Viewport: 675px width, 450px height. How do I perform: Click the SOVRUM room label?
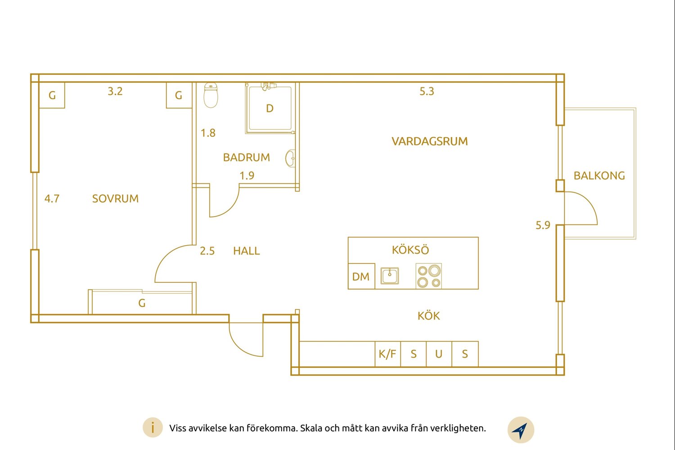(x=115, y=199)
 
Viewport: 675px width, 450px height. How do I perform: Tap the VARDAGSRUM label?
(x=429, y=141)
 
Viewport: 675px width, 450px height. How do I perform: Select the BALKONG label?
(x=599, y=176)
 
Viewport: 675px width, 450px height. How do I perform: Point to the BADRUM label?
(x=246, y=157)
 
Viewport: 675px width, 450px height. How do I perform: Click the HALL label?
(x=246, y=250)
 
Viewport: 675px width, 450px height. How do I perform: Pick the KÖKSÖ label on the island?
(x=410, y=250)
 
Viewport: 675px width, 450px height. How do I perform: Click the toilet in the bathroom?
(x=211, y=95)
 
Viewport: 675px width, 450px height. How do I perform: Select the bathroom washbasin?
(x=291, y=158)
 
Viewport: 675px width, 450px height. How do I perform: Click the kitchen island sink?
(x=389, y=276)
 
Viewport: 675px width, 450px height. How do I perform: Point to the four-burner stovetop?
(x=428, y=276)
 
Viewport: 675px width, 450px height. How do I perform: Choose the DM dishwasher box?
(x=361, y=276)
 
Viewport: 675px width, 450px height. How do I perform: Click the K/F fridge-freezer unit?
(x=387, y=354)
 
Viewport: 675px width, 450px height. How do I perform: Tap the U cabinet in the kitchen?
(x=439, y=354)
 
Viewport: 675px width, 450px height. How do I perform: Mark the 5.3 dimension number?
(x=427, y=91)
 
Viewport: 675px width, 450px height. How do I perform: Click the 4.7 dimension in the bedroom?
(x=52, y=199)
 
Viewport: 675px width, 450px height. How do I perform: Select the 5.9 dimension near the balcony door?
(x=543, y=225)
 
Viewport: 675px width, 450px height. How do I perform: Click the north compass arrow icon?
(x=520, y=430)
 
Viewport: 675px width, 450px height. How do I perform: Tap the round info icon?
(x=153, y=427)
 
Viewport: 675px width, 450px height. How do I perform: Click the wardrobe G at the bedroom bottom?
(x=142, y=303)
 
